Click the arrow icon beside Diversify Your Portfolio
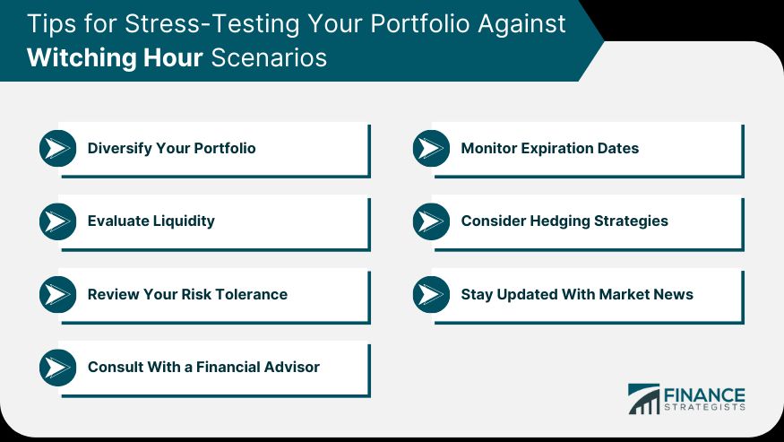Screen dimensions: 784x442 point(58,148)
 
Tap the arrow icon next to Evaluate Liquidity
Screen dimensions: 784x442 point(58,221)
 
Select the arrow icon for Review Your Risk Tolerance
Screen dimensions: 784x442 point(58,294)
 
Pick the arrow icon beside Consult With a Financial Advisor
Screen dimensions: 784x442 point(58,368)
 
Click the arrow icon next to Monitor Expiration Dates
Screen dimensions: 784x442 point(432,148)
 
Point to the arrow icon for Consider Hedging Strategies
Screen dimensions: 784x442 point(432,221)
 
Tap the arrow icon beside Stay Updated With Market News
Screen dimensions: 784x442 point(432,294)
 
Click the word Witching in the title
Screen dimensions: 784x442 point(81,58)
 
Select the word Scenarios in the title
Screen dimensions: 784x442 point(269,57)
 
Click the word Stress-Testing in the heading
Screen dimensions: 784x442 point(212,24)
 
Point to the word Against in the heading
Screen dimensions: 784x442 point(521,24)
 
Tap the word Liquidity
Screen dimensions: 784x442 point(184,221)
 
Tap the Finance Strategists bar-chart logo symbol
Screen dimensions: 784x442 point(644,399)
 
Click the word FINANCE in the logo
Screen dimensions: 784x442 point(704,395)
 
